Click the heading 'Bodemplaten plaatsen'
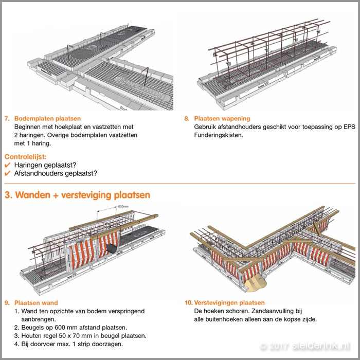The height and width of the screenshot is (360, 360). coord(47,118)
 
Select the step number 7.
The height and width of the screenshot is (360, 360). coord(7,118)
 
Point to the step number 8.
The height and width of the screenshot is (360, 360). coord(187,118)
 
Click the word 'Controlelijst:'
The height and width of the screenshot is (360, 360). coord(26,156)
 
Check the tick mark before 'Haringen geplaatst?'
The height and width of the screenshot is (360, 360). coord(7,165)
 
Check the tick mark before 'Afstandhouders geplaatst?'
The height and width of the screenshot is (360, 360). coord(7,173)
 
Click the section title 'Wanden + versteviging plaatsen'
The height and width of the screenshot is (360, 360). coord(82,195)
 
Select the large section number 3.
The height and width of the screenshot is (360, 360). coord(8,195)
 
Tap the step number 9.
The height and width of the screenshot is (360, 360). coord(7,303)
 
